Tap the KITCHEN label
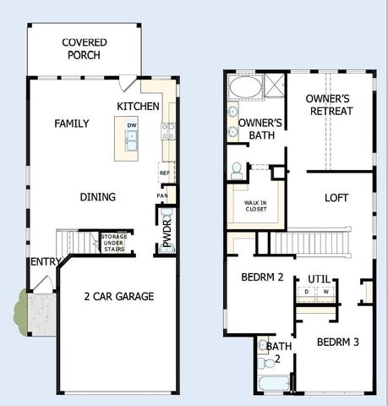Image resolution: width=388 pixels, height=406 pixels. tap(138, 106)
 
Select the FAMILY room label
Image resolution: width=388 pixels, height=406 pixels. tap(72, 123)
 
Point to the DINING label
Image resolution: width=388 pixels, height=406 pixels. tap(98, 197)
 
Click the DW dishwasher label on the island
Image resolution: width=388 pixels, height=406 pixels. tap(132, 125)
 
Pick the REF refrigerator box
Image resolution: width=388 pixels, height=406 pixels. tap(166, 172)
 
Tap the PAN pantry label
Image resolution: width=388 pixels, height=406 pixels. tap(162, 196)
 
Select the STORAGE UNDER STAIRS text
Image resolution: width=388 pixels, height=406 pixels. tap(113, 242)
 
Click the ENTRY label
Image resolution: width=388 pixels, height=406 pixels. tap(45, 262)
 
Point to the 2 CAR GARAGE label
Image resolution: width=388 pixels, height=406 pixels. tap(118, 296)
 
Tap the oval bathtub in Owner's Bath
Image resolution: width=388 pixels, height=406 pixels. tap(245, 88)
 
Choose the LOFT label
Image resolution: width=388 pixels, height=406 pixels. tap(336, 198)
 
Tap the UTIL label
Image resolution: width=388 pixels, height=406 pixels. tap(319, 278)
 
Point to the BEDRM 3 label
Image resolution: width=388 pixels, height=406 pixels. tap(338, 342)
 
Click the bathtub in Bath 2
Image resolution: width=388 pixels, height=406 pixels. tap(272, 383)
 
